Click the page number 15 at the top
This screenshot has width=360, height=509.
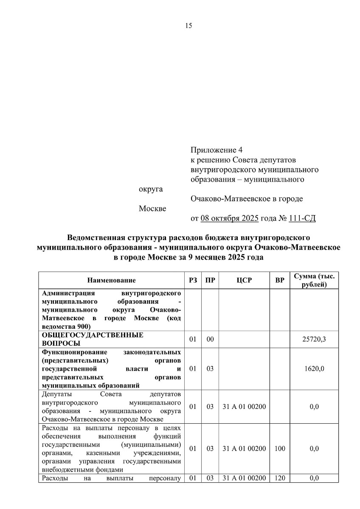point(188,26)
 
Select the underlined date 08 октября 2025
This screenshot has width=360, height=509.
point(229,219)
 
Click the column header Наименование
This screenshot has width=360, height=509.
point(112,280)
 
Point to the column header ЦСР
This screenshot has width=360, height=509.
point(245,280)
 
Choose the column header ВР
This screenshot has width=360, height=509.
point(280,280)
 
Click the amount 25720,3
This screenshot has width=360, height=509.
point(314,339)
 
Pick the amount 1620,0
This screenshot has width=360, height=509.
point(314,369)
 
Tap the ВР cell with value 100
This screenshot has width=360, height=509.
point(280,448)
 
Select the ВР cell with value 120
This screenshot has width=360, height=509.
point(280,478)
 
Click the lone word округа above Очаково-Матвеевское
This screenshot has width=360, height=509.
point(151,189)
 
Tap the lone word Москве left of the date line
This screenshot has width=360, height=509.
point(152,209)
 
